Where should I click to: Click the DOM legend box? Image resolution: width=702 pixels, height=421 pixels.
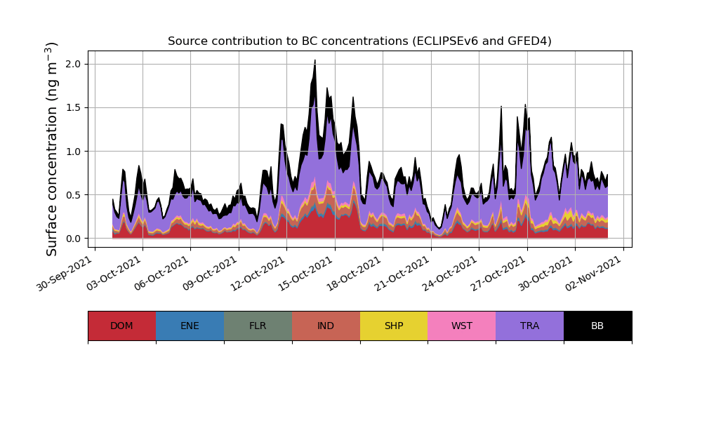tap(121, 326)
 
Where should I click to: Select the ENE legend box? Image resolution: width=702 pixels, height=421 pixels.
tap(190, 326)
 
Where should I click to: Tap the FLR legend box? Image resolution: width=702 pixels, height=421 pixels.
tap(258, 326)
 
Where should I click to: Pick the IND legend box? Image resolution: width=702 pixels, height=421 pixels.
tap(326, 326)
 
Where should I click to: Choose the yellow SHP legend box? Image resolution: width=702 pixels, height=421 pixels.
tap(394, 326)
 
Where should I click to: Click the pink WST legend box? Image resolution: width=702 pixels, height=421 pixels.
tap(462, 326)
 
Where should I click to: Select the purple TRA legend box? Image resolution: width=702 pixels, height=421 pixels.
tap(530, 326)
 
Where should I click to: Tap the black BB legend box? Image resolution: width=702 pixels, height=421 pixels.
tap(597, 326)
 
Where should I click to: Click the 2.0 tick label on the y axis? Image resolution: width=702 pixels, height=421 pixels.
tap(74, 64)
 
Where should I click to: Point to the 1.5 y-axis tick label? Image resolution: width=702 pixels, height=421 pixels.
tap(74, 107)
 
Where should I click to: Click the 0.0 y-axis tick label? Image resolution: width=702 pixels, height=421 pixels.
tap(74, 239)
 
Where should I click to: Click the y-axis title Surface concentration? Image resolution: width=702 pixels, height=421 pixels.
tap(52, 149)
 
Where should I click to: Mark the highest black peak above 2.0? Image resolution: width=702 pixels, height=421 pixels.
tap(314, 61)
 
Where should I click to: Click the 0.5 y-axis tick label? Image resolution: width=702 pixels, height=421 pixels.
tap(74, 195)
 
